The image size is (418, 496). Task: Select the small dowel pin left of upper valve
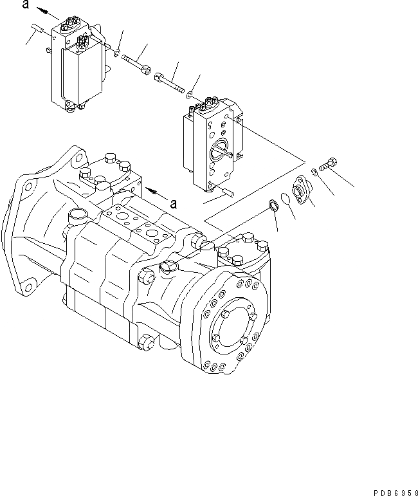[37, 28]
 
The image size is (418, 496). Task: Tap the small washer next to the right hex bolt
[313, 172]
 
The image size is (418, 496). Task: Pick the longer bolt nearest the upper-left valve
[136, 62]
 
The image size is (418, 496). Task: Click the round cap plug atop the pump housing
[75, 215]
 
